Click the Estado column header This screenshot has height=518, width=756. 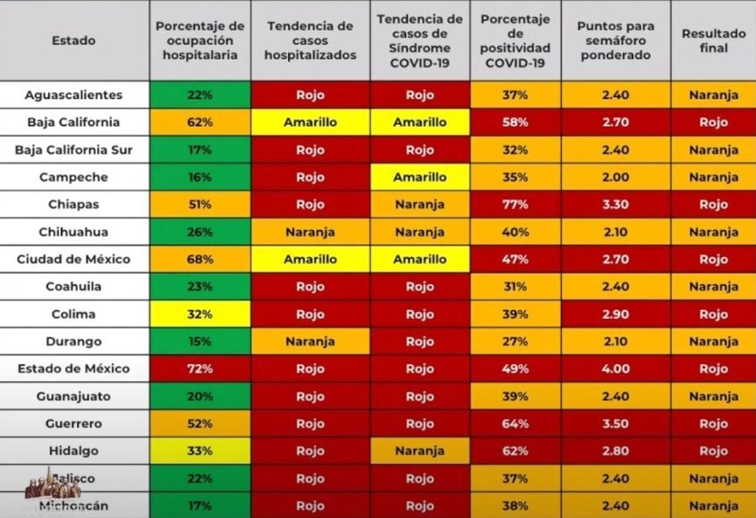click(x=74, y=40)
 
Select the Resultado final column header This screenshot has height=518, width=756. click(x=713, y=40)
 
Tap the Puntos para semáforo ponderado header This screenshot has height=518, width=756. click(x=615, y=40)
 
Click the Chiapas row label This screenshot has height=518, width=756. click(x=74, y=205)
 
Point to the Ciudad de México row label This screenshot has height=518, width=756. click(x=74, y=259)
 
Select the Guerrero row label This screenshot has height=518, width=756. click(x=74, y=424)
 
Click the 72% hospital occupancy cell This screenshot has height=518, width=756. click(x=200, y=369)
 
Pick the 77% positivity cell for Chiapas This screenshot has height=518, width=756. click(x=515, y=205)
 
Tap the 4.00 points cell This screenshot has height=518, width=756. click(x=615, y=369)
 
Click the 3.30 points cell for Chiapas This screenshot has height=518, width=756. click(x=615, y=205)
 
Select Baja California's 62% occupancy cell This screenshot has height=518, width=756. click(x=200, y=123)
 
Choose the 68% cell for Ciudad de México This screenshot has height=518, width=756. click(x=200, y=259)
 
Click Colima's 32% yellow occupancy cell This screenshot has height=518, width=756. click(x=200, y=314)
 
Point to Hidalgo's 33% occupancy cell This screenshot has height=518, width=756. click(x=200, y=451)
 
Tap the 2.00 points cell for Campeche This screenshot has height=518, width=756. click(x=615, y=177)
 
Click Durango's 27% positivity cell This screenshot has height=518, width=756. click(x=515, y=342)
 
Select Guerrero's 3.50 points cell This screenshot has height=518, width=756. click(x=615, y=424)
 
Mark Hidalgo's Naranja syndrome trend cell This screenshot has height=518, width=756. click(x=420, y=451)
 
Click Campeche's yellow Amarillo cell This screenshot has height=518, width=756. click(x=420, y=177)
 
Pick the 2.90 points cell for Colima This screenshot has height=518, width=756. click(x=615, y=314)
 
